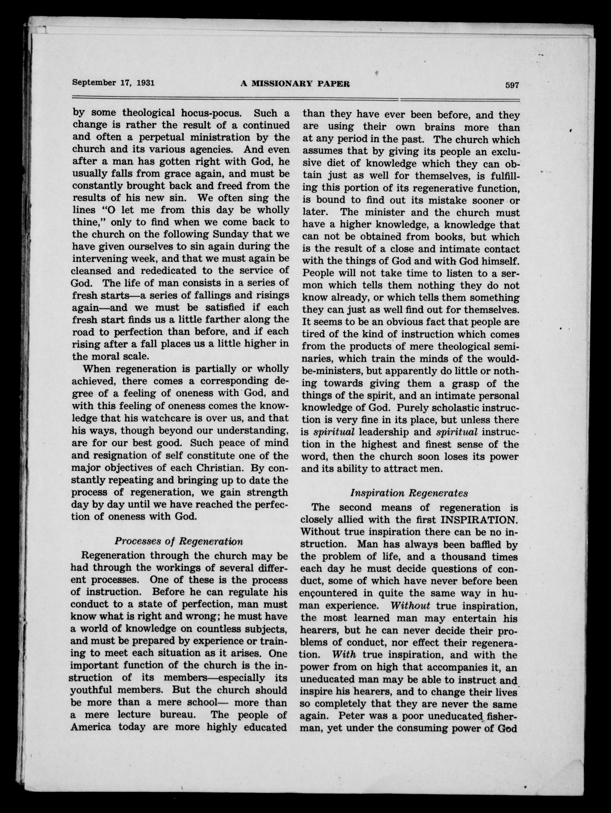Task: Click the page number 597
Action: tap(512, 85)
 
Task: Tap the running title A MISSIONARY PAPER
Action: tap(295, 84)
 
